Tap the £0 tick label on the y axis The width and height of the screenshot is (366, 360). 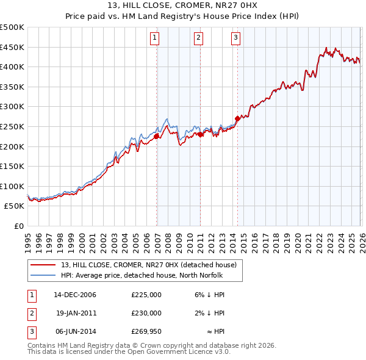pyautogui.click(x=19, y=226)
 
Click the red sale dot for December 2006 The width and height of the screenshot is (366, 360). pyautogui.click(x=157, y=137)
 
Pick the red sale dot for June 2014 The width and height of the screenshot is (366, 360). pyautogui.click(x=237, y=118)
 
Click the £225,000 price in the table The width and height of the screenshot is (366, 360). pyautogui.click(x=146, y=295)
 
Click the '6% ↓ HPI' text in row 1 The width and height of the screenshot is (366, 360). pyautogui.click(x=209, y=295)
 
